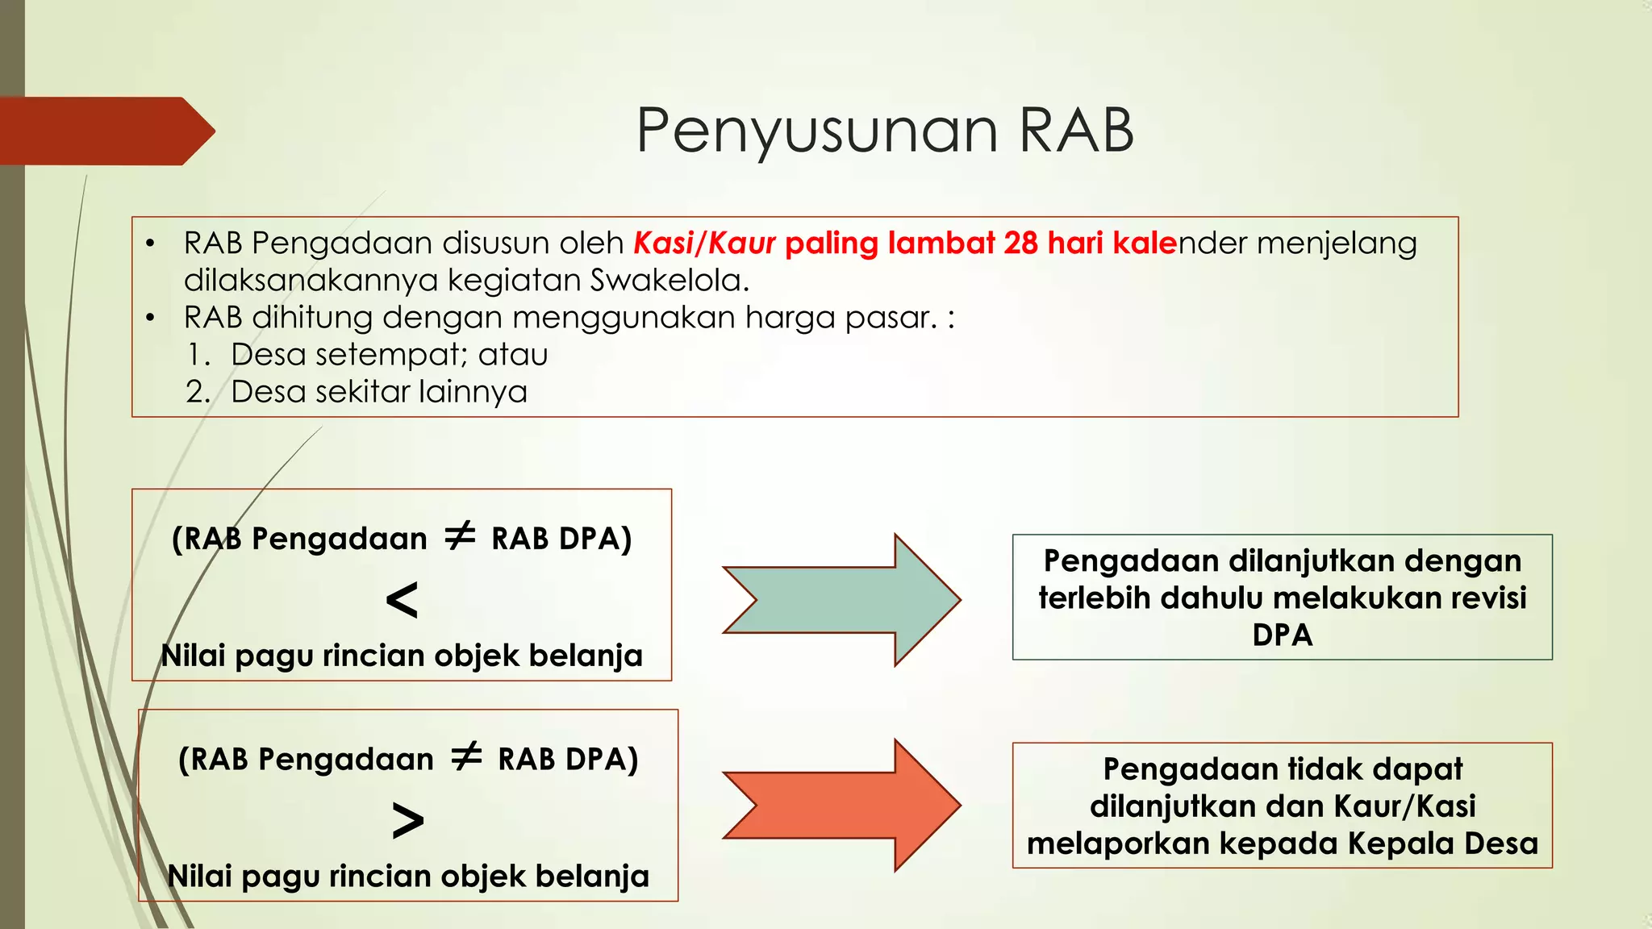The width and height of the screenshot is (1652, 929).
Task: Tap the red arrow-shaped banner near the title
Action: pos(105,131)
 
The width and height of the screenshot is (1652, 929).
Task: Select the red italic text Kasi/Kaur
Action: pos(704,243)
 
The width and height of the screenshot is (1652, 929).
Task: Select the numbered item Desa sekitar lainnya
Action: pos(378,392)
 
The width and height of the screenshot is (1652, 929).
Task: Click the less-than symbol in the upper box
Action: pos(402,600)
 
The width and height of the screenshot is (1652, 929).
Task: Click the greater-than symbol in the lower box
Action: pos(407,821)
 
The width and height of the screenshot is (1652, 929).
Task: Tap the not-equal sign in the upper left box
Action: pos(461,536)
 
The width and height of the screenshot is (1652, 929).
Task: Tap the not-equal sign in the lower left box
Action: pos(466,757)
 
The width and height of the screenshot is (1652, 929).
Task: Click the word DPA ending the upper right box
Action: pos(1282,635)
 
